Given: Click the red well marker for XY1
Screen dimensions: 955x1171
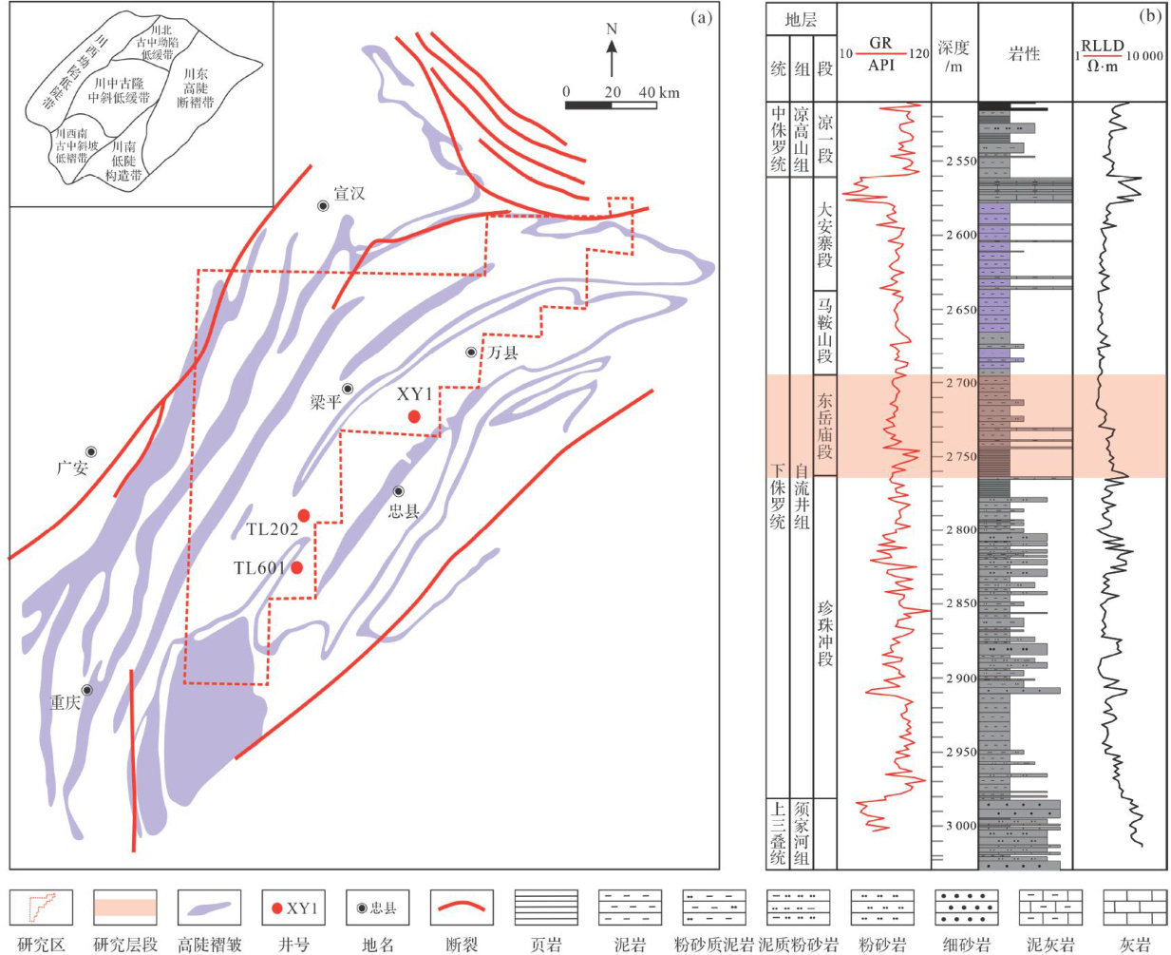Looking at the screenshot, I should pos(414,416).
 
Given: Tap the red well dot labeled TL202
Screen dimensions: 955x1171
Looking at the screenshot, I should pos(304,515).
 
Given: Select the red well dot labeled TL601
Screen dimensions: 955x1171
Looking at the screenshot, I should pos(297,567).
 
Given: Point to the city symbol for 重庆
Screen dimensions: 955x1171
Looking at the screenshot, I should pos(86,690).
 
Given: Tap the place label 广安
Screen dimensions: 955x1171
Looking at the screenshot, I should pos(72,468).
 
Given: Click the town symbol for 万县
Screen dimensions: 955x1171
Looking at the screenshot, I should pos(471,353).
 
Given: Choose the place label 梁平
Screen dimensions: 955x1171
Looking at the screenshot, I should pos(326,402).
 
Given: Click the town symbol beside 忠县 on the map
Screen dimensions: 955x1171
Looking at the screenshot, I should pos(399,491).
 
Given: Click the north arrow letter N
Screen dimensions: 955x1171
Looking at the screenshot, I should pos(612,29).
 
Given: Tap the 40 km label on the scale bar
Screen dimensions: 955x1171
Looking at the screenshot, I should pos(659,92).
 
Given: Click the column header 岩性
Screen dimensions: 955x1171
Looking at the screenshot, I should pos(1024,54).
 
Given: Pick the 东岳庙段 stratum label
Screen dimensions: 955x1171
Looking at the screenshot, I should pos(825,425).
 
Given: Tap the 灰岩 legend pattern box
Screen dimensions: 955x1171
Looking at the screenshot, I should pos(1136,907).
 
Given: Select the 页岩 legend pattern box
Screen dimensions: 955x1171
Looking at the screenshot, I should pos(545,907).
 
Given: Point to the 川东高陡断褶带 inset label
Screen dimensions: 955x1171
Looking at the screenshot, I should pos(198,87).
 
